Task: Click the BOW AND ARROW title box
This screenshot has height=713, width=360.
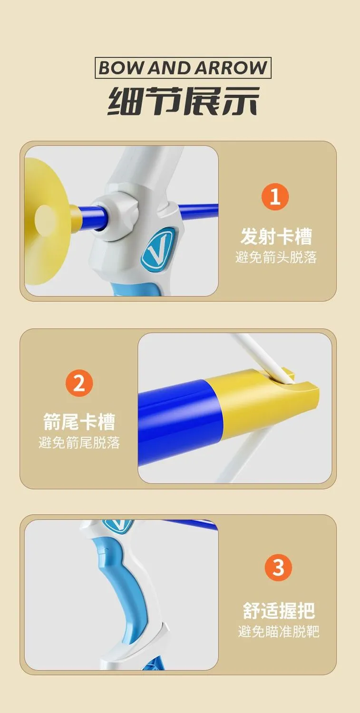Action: tap(183, 68)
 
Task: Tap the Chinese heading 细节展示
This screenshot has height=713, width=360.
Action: tap(184, 101)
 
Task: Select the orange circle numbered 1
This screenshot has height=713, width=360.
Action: tap(275, 197)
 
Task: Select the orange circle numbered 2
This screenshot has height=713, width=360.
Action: tap(79, 383)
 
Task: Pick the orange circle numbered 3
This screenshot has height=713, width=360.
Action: tap(278, 567)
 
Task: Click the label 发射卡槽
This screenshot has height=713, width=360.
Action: tap(276, 236)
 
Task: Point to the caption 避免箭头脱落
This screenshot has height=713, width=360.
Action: tap(276, 257)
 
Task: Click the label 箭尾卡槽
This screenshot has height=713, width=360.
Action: tap(79, 422)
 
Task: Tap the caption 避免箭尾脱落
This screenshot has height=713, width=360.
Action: tap(79, 443)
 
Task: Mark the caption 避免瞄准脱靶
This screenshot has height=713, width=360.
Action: tap(279, 632)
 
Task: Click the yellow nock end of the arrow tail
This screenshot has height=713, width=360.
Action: tap(268, 401)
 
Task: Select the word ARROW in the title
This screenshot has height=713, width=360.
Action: tap(230, 68)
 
